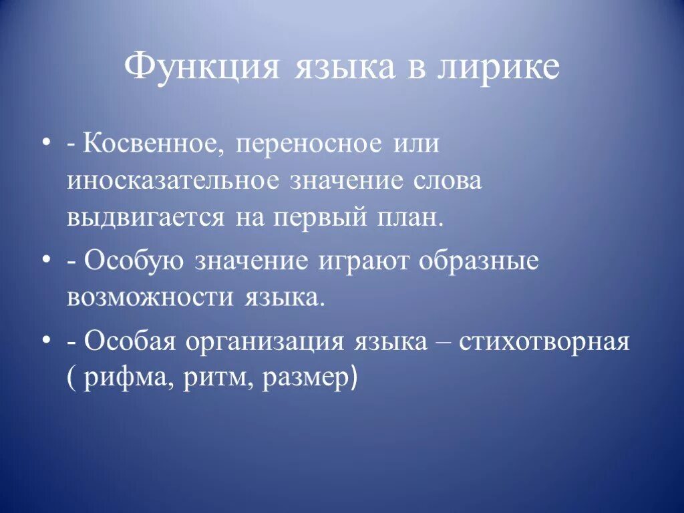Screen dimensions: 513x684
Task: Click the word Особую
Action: click(134, 261)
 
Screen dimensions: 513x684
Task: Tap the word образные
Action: click(478, 261)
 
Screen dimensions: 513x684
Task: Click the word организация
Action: click(264, 341)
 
